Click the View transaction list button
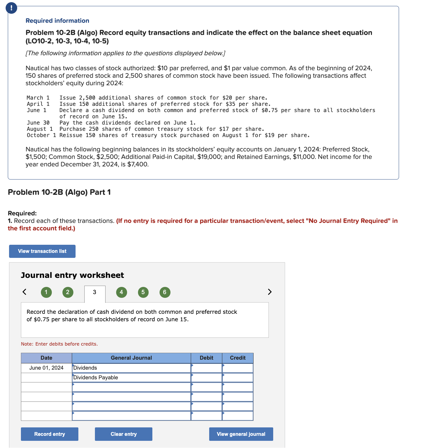(x=42, y=251)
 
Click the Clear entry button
(x=124, y=434)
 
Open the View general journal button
(x=241, y=434)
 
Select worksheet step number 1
(x=46, y=292)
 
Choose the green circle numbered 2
(x=68, y=292)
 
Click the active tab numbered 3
(x=95, y=293)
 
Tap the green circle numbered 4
(x=121, y=292)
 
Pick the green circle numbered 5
(x=143, y=292)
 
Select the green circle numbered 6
(x=165, y=292)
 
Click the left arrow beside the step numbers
(x=24, y=292)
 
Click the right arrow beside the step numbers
(x=270, y=292)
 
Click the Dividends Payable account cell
(x=131, y=377)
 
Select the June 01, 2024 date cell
(x=47, y=368)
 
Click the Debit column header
(x=206, y=358)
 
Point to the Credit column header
(x=238, y=358)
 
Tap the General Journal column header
(x=131, y=358)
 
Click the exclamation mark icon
(x=12, y=8)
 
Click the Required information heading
(x=57, y=21)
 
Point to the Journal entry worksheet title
(x=72, y=275)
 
